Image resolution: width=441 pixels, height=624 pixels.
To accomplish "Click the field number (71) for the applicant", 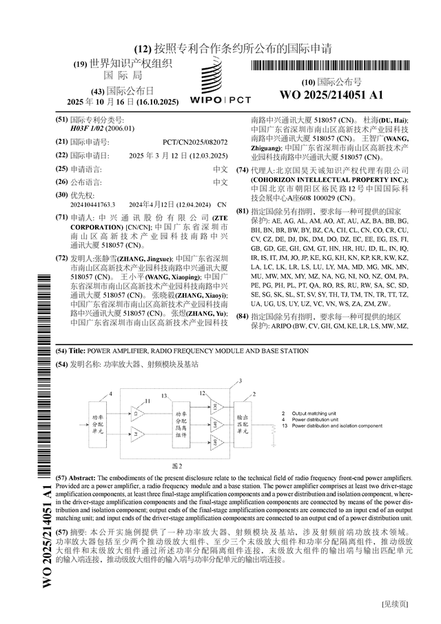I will pyautogui.click(x=61, y=217).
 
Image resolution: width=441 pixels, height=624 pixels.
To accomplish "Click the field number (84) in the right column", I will pyautogui.click(x=242, y=316).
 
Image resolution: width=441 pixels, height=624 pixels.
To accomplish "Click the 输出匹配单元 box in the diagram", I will pyautogui.click(x=244, y=421).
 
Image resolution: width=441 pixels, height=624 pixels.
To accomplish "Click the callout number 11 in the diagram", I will pyautogui.click(x=147, y=401).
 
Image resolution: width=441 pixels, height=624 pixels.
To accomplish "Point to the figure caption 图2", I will pyautogui.click(x=177, y=465).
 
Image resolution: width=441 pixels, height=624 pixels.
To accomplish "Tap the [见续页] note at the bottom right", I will pyautogui.click(x=395, y=605).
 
